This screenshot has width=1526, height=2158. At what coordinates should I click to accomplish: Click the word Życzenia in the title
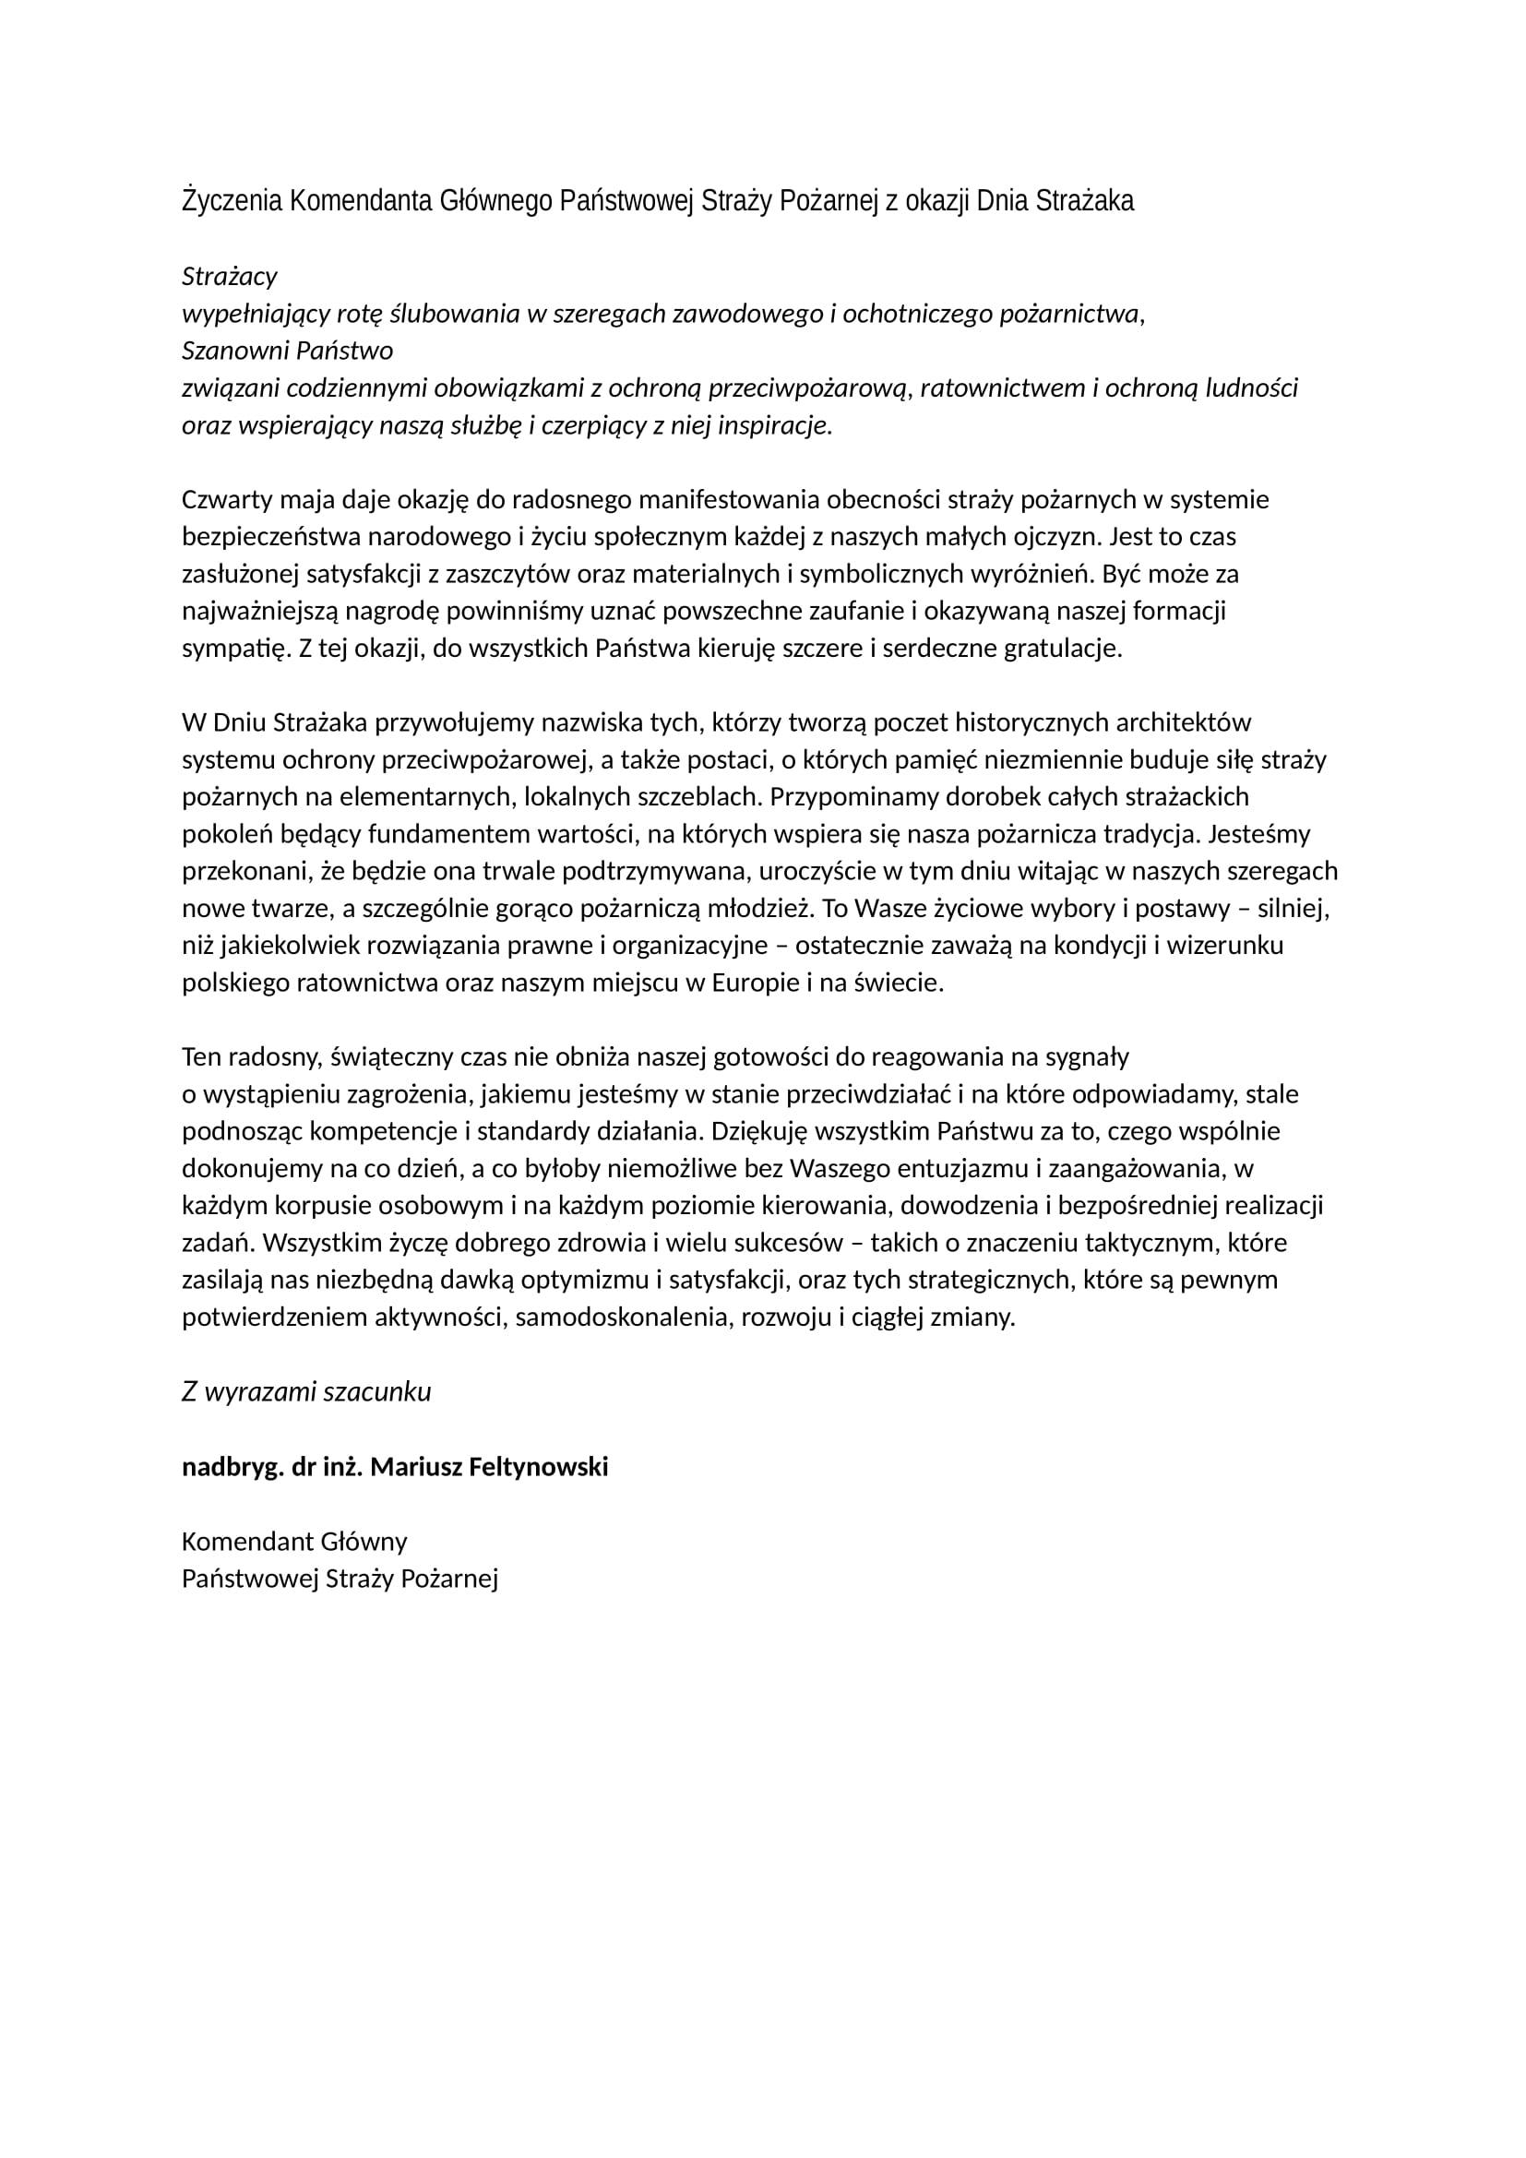pos(232,201)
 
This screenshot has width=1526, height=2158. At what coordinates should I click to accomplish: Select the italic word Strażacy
pos(230,277)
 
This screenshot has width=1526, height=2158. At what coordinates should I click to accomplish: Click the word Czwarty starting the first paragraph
pos(225,500)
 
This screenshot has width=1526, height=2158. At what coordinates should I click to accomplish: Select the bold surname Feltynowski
pos(537,1467)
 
